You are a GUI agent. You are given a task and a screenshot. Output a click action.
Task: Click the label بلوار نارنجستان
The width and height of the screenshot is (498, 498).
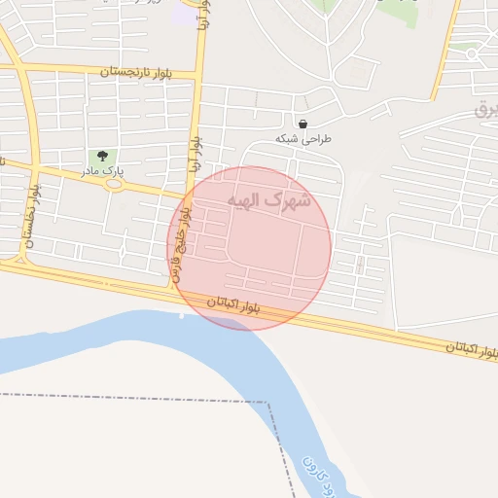[x=137, y=72]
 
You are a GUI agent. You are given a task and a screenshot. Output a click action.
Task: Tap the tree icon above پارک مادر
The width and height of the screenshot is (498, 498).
[x=102, y=156]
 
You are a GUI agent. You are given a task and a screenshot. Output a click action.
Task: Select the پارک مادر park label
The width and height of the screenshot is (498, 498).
[x=102, y=172]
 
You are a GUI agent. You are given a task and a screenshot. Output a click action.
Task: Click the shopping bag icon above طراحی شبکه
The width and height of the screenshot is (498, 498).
[x=303, y=124]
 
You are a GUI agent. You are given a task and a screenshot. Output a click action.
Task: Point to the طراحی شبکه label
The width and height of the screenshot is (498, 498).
[x=303, y=139]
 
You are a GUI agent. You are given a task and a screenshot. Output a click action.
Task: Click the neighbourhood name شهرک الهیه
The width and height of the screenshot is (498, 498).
[x=269, y=200]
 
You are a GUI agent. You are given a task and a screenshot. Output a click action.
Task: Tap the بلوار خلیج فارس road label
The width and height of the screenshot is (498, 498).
[x=182, y=245]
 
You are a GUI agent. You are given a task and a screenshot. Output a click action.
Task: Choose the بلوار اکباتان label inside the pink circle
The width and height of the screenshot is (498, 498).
[x=233, y=305]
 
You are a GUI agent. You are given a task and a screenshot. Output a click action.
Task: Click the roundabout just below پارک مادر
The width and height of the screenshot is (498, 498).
[x=115, y=184]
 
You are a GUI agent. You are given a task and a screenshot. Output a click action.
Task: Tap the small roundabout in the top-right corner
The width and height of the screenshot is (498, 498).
[x=472, y=54]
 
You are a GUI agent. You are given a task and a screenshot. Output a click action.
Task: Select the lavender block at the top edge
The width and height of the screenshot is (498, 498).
[x=183, y=15]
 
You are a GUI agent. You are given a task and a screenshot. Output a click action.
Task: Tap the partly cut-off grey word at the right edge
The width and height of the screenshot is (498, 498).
[x=484, y=109]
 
